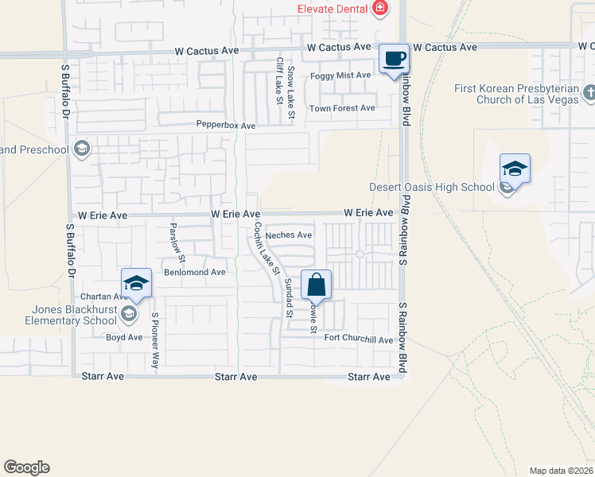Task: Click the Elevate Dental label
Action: (332, 9)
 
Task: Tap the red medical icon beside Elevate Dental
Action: (381, 9)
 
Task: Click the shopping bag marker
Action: (316, 284)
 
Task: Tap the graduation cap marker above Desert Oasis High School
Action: (515, 169)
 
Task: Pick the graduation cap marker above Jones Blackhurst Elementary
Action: (136, 284)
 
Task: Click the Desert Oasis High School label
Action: (432, 188)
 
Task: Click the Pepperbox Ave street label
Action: (226, 126)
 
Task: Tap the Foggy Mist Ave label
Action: (340, 76)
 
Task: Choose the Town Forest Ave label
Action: (342, 108)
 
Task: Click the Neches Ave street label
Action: (289, 235)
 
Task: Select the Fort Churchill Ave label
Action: (359, 339)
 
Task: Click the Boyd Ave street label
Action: (124, 337)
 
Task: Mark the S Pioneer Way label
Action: (155, 340)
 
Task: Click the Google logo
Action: (26, 467)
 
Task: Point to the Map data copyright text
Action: (561, 471)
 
